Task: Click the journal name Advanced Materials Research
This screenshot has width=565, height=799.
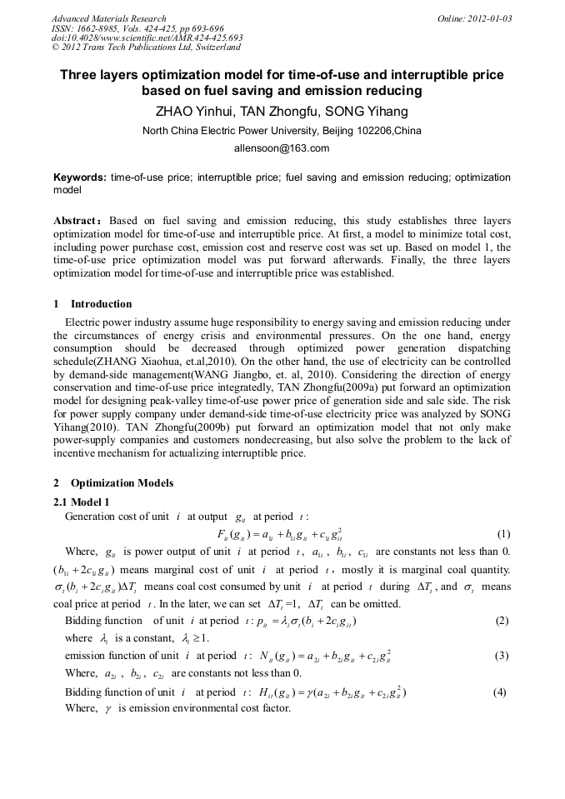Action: pos(108,18)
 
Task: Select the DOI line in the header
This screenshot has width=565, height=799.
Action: pos(147,38)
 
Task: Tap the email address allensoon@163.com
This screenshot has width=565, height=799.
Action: pos(282,148)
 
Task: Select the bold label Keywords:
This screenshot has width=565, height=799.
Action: pos(80,177)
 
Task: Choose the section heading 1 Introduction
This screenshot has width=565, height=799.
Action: pos(92,304)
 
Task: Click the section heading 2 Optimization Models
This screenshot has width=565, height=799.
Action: pos(113,483)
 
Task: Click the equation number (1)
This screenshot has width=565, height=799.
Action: pos(503,534)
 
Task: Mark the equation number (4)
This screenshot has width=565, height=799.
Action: pos(500,692)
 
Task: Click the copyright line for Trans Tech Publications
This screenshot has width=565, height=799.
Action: pos(146,47)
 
